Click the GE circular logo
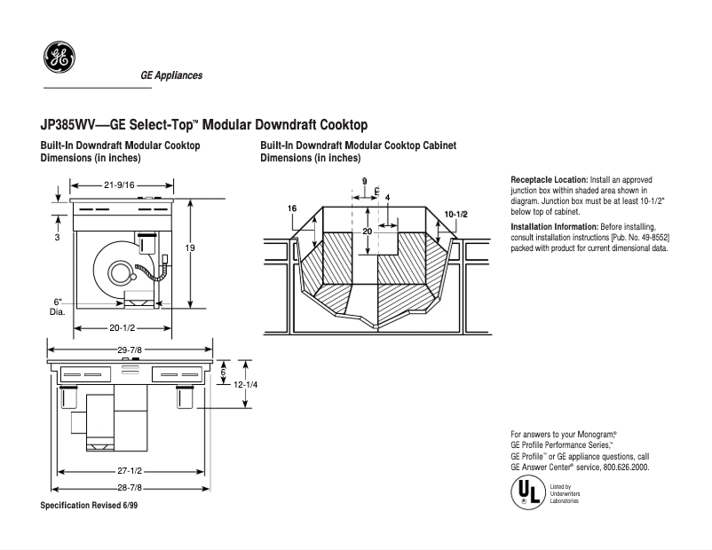pos(60,59)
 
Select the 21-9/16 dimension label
pos(119,185)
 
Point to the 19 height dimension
pos(189,248)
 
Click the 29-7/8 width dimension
pos(131,349)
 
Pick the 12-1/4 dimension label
pos(258,384)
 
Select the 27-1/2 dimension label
pos(130,470)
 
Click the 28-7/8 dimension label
pos(130,488)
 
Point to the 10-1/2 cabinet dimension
pos(455,214)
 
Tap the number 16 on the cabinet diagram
pos(292,208)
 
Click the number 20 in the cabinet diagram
pos(366,231)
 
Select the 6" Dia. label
pos(57,307)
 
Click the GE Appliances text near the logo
pos(171,75)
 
